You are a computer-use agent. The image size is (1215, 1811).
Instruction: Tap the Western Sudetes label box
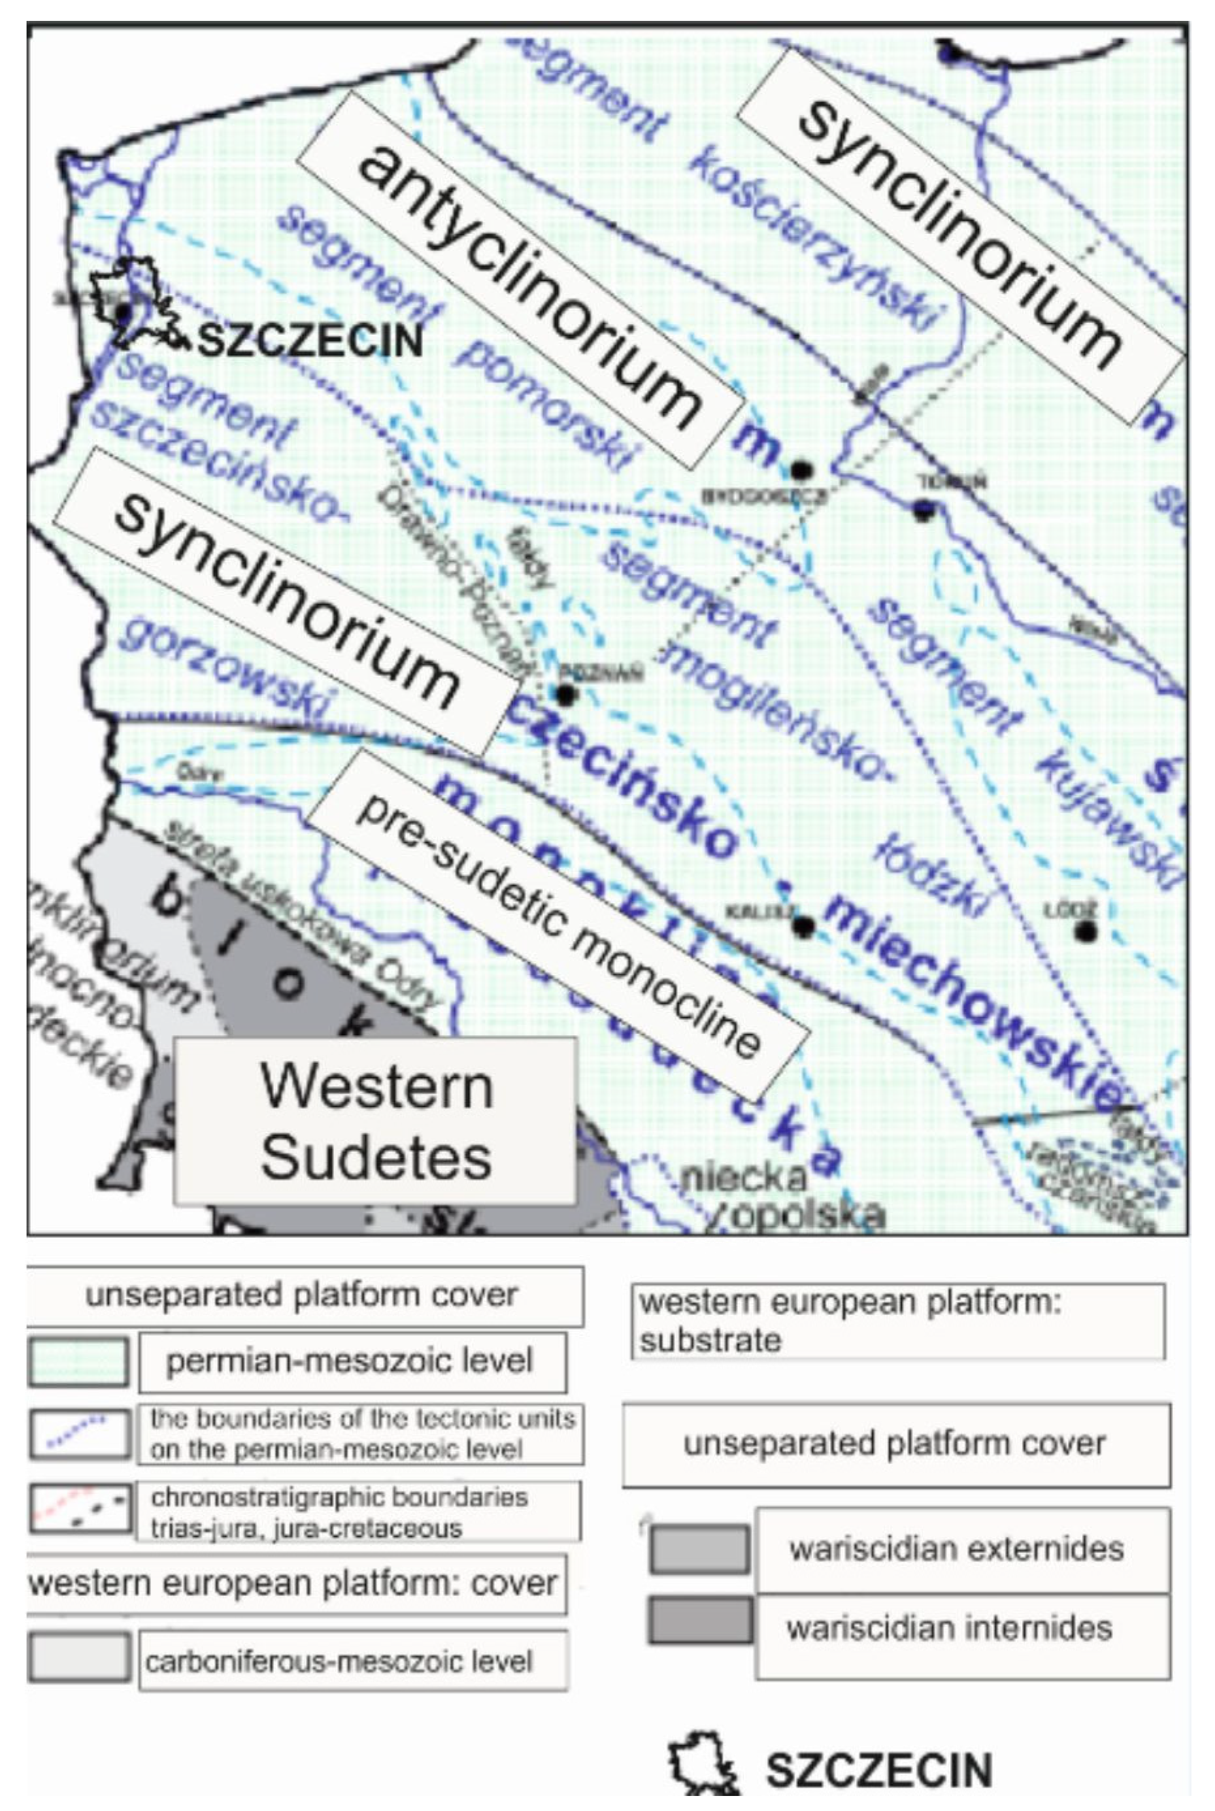point(376,1121)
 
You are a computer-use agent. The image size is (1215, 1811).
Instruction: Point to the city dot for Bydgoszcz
point(801,471)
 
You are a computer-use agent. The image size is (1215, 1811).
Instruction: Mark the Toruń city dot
point(922,510)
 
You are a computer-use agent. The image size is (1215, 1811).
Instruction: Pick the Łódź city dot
point(1086,931)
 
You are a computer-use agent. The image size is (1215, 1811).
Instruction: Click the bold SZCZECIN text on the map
point(310,341)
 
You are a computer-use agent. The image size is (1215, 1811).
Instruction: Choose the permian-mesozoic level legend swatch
point(78,1361)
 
